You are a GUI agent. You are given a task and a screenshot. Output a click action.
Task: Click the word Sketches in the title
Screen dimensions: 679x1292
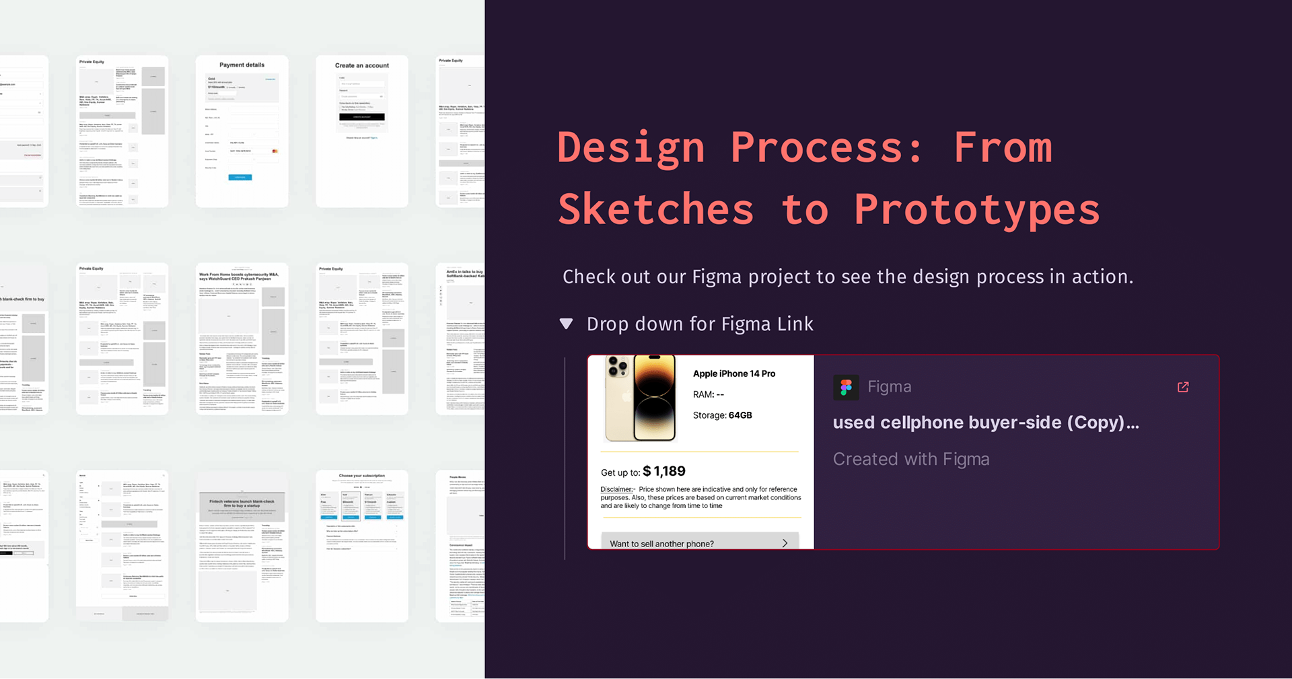[x=655, y=210]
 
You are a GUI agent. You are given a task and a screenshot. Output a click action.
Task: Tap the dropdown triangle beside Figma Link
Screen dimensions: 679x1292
[x=567, y=324]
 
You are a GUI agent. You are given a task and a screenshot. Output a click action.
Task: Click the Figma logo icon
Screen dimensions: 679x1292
[x=846, y=388]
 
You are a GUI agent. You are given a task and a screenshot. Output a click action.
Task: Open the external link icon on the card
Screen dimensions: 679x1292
[x=1183, y=387]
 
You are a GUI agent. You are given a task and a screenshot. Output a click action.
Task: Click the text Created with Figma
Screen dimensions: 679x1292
[x=910, y=459]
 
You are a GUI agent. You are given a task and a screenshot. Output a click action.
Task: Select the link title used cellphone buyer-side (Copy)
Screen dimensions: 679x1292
[x=985, y=423]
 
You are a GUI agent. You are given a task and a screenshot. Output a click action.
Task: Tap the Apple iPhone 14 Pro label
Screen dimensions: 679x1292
[x=733, y=373]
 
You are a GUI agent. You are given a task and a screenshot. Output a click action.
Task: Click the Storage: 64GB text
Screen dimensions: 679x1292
[x=722, y=415]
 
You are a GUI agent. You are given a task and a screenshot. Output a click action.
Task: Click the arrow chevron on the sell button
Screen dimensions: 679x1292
[x=785, y=543]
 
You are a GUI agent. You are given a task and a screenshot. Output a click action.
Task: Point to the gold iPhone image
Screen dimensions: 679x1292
[x=640, y=398]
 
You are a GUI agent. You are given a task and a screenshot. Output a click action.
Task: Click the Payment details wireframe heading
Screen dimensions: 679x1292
[x=242, y=65]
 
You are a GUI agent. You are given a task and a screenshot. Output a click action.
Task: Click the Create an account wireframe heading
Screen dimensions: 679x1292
[x=362, y=66]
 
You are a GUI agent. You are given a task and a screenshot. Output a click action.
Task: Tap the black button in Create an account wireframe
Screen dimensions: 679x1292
[x=362, y=117]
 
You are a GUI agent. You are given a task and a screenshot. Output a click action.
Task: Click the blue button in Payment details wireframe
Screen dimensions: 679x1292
[x=240, y=177]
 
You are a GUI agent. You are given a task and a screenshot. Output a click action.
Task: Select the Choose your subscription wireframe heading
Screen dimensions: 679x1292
[x=362, y=476]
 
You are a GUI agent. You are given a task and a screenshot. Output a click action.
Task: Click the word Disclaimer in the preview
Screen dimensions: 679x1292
[x=616, y=489]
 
